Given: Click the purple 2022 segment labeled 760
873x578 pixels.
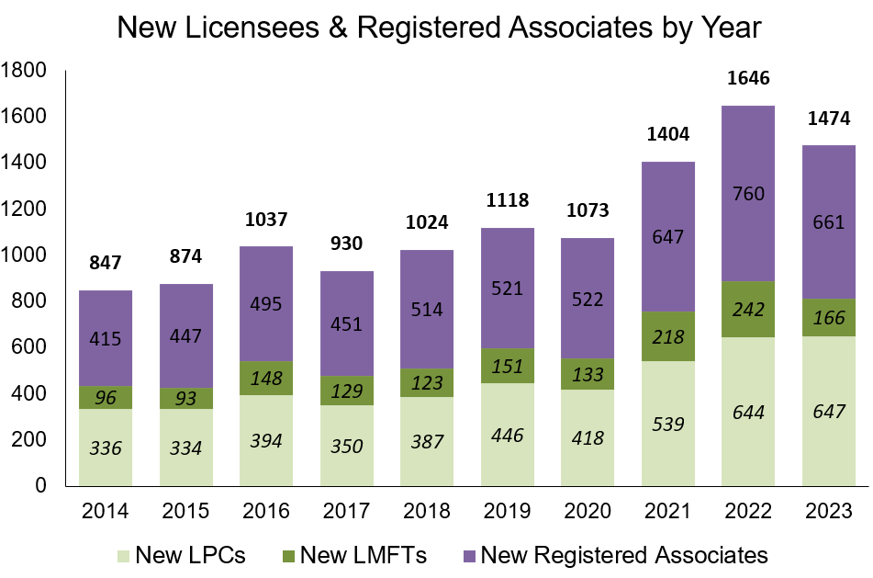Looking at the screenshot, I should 748,194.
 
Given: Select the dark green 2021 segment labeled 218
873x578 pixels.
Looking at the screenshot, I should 667,336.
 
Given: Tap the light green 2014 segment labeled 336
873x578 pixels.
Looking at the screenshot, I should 105,447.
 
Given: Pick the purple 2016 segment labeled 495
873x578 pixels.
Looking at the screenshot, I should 266,303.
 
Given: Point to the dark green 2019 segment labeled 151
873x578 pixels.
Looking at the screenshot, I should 507,366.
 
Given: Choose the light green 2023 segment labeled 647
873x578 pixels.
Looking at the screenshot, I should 828,411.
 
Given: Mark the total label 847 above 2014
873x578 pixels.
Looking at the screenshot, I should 105,262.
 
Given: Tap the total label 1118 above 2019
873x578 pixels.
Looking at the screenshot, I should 507,199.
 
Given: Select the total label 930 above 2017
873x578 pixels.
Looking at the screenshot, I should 346,243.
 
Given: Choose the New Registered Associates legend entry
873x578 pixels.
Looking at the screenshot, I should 612,555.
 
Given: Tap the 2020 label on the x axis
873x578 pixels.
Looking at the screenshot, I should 588,510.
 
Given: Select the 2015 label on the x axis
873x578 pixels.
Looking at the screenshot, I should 185,510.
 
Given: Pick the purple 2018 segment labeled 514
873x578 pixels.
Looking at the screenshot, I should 427,310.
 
